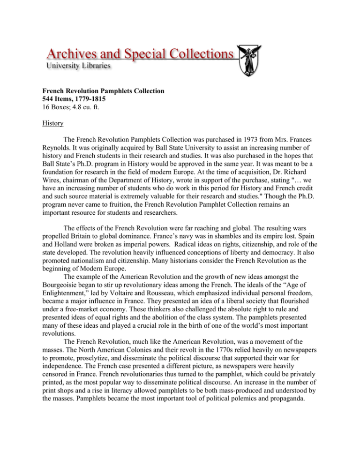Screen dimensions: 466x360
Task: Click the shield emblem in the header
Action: pos(248,60)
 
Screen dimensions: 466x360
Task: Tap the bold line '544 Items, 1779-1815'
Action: pos(82,106)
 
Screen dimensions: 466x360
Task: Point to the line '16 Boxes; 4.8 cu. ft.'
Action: pos(79,115)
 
